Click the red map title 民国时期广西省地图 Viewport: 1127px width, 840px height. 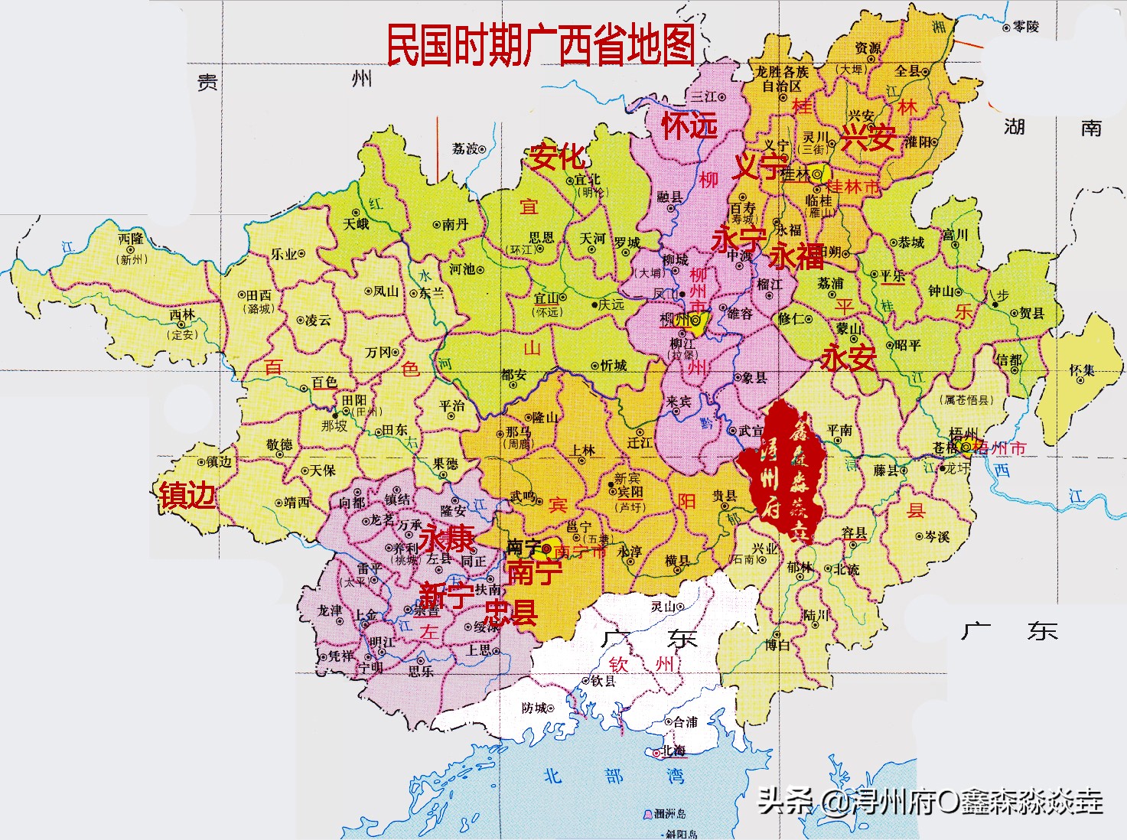(540, 45)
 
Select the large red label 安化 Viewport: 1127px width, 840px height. (557, 158)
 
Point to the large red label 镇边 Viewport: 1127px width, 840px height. (187, 497)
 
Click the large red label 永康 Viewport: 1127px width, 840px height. (446, 539)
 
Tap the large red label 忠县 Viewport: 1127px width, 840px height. (511, 613)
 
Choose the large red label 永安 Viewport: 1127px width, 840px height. (848, 357)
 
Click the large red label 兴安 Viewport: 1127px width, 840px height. (868, 138)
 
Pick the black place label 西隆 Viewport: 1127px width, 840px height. (131, 239)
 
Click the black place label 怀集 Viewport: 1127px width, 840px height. (1082, 370)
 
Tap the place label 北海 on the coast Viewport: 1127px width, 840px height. (673, 750)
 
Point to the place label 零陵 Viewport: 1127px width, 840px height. (1026, 27)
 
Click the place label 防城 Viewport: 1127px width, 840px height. (534, 708)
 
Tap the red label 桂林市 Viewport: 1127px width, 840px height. (853, 186)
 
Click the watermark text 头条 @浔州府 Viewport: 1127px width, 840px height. (930, 802)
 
